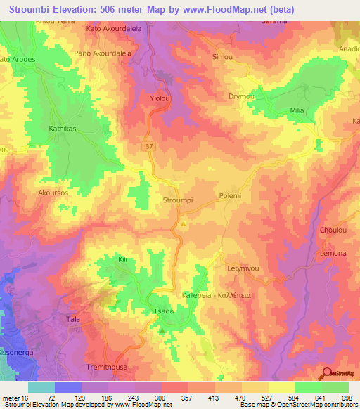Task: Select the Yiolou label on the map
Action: click(x=161, y=100)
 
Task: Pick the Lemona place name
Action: click(x=333, y=253)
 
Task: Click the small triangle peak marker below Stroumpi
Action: click(x=184, y=224)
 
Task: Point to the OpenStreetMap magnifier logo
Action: click(x=326, y=372)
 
